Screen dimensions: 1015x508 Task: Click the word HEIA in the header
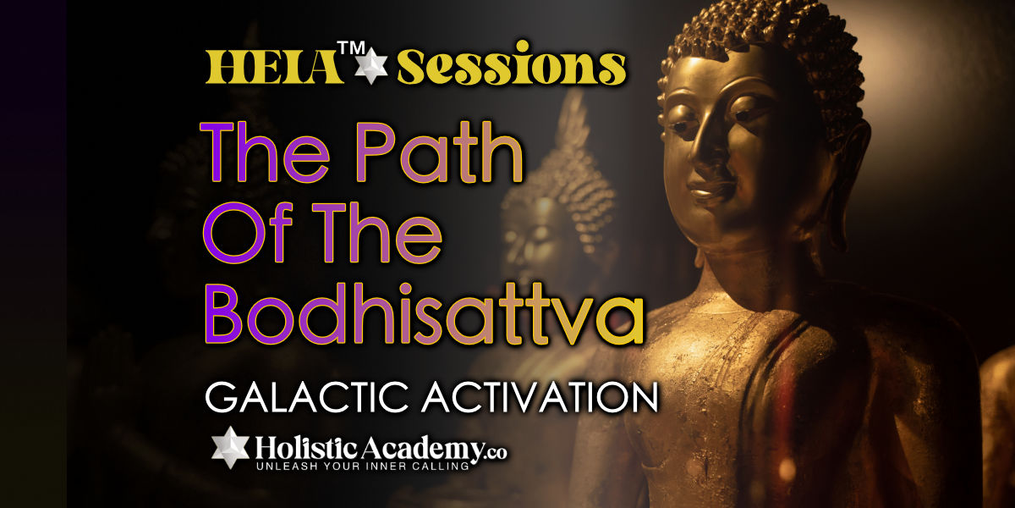(275, 68)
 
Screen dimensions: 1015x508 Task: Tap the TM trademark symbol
(351, 48)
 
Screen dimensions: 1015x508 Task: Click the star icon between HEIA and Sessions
(371, 66)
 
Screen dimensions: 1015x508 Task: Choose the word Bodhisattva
(424, 314)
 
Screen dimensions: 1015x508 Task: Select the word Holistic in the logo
(307, 449)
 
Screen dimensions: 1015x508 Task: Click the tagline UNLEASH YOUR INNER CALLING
(363, 466)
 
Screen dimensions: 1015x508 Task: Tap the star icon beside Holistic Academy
(231, 447)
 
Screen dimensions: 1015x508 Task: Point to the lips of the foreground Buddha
(708, 190)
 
